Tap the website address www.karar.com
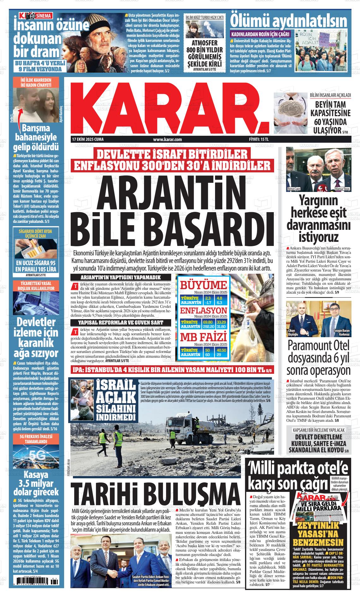[167, 139]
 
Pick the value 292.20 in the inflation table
[208, 326]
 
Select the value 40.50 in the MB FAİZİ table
[221, 350]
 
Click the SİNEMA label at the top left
[38, 15]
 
